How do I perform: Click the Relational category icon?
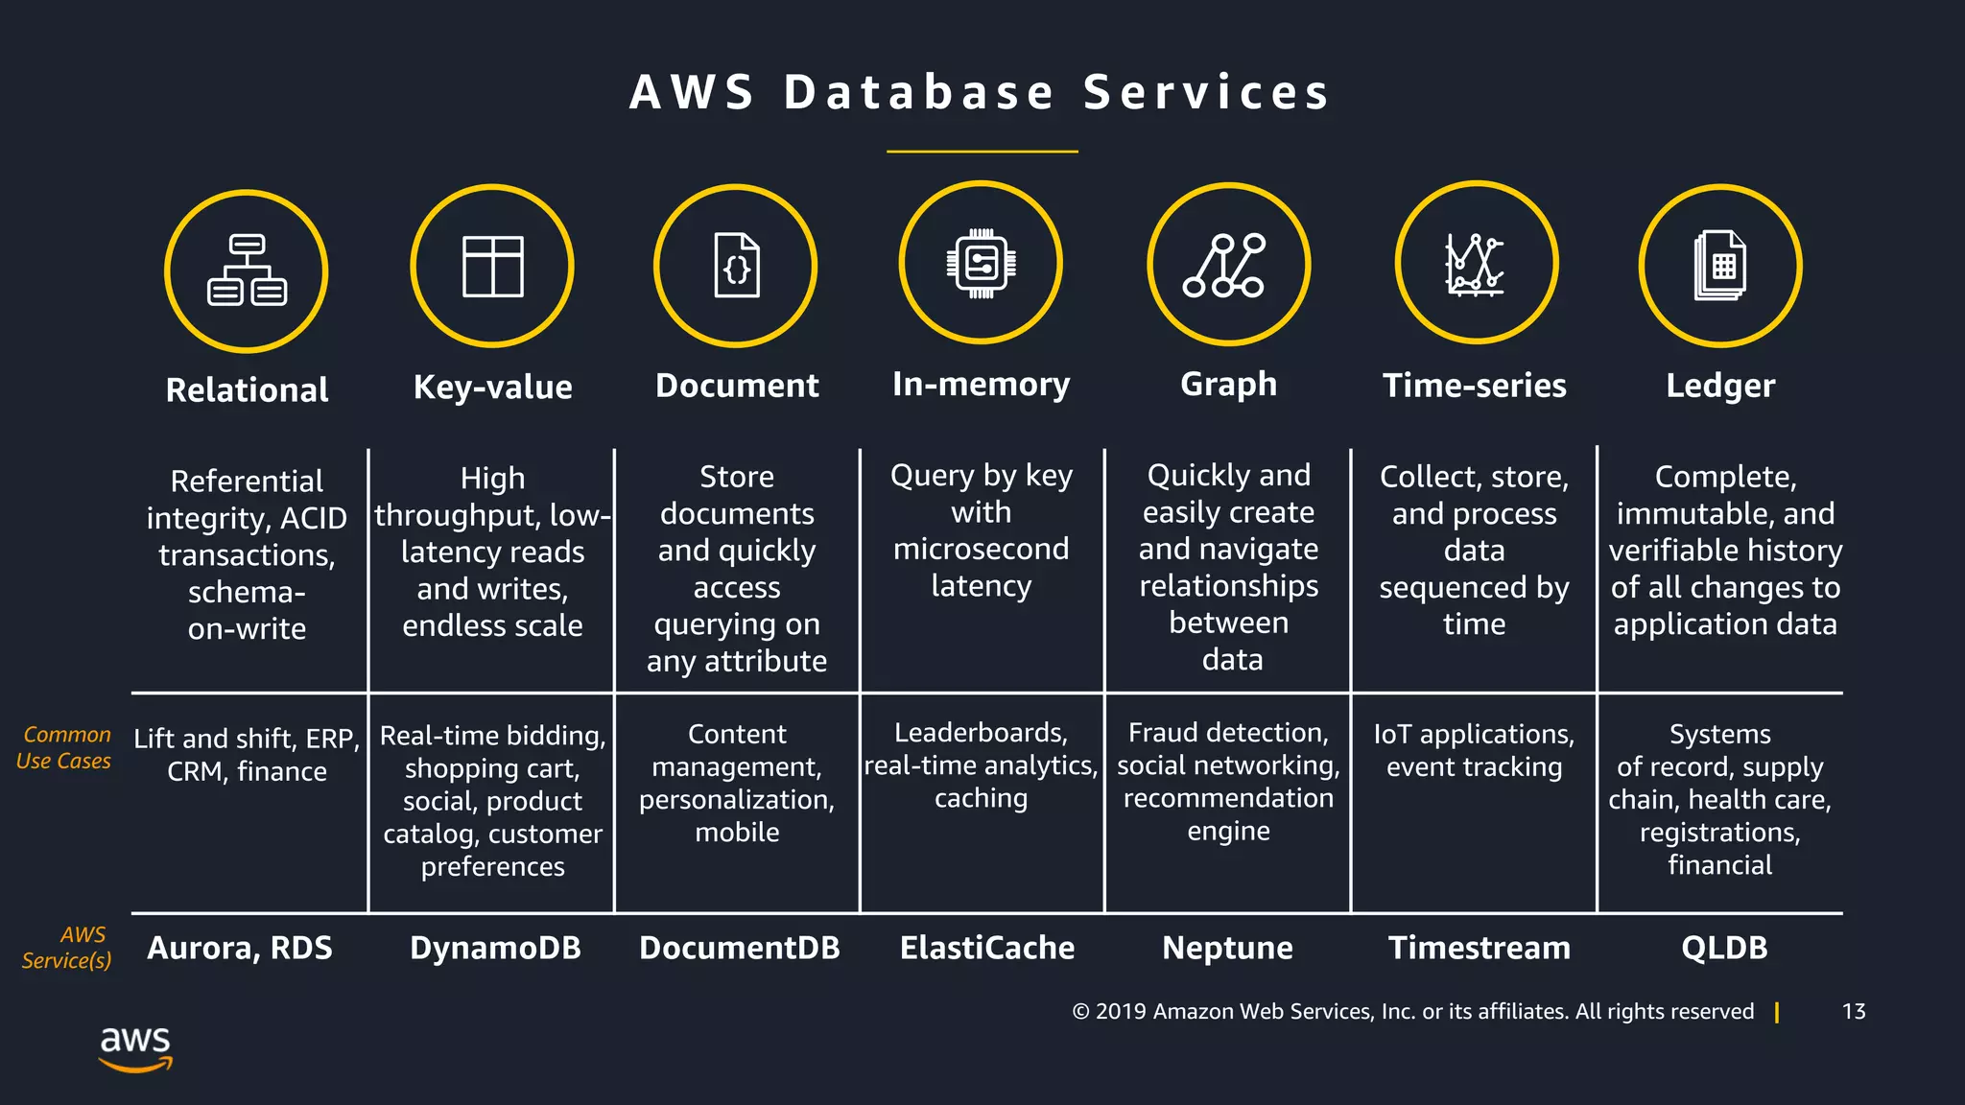pyautogui.click(x=247, y=270)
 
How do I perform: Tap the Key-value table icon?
pyautogui.click(x=492, y=266)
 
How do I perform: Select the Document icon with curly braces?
pyautogui.click(x=736, y=266)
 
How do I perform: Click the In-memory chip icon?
pyautogui.click(x=981, y=263)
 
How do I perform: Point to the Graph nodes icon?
pyautogui.click(x=1228, y=264)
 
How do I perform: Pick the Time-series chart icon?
pyautogui.click(x=1476, y=263)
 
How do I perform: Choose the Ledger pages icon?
pyautogui.click(x=1720, y=266)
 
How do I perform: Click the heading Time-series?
pyautogui.click(x=1474, y=386)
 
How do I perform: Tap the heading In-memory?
pyautogui.click(x=981, y=384)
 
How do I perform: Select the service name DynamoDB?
pyautogui.click(x=495, y=948)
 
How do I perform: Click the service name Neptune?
pyautogui.click(x=1227, y=948)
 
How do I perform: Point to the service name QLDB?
pyautogui.click(x=1723, y=948)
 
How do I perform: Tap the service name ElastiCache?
pyautogui.click(x=986, y=948)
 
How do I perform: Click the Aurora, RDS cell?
pyautogui.click(x=240, y=948)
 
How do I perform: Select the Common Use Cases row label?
pyautogui.click(x=64, y=748)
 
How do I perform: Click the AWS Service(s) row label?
pyautogui.click(x=67, y=948)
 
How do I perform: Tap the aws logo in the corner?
pyautogui.click(x=135, y=1047)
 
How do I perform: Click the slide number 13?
pyautogui.click(x=1853, y=1012)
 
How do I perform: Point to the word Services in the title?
pyautogui.click(x=1206, y=93)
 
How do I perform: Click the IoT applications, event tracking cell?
pyautogui.click(x=1474, y=750)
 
